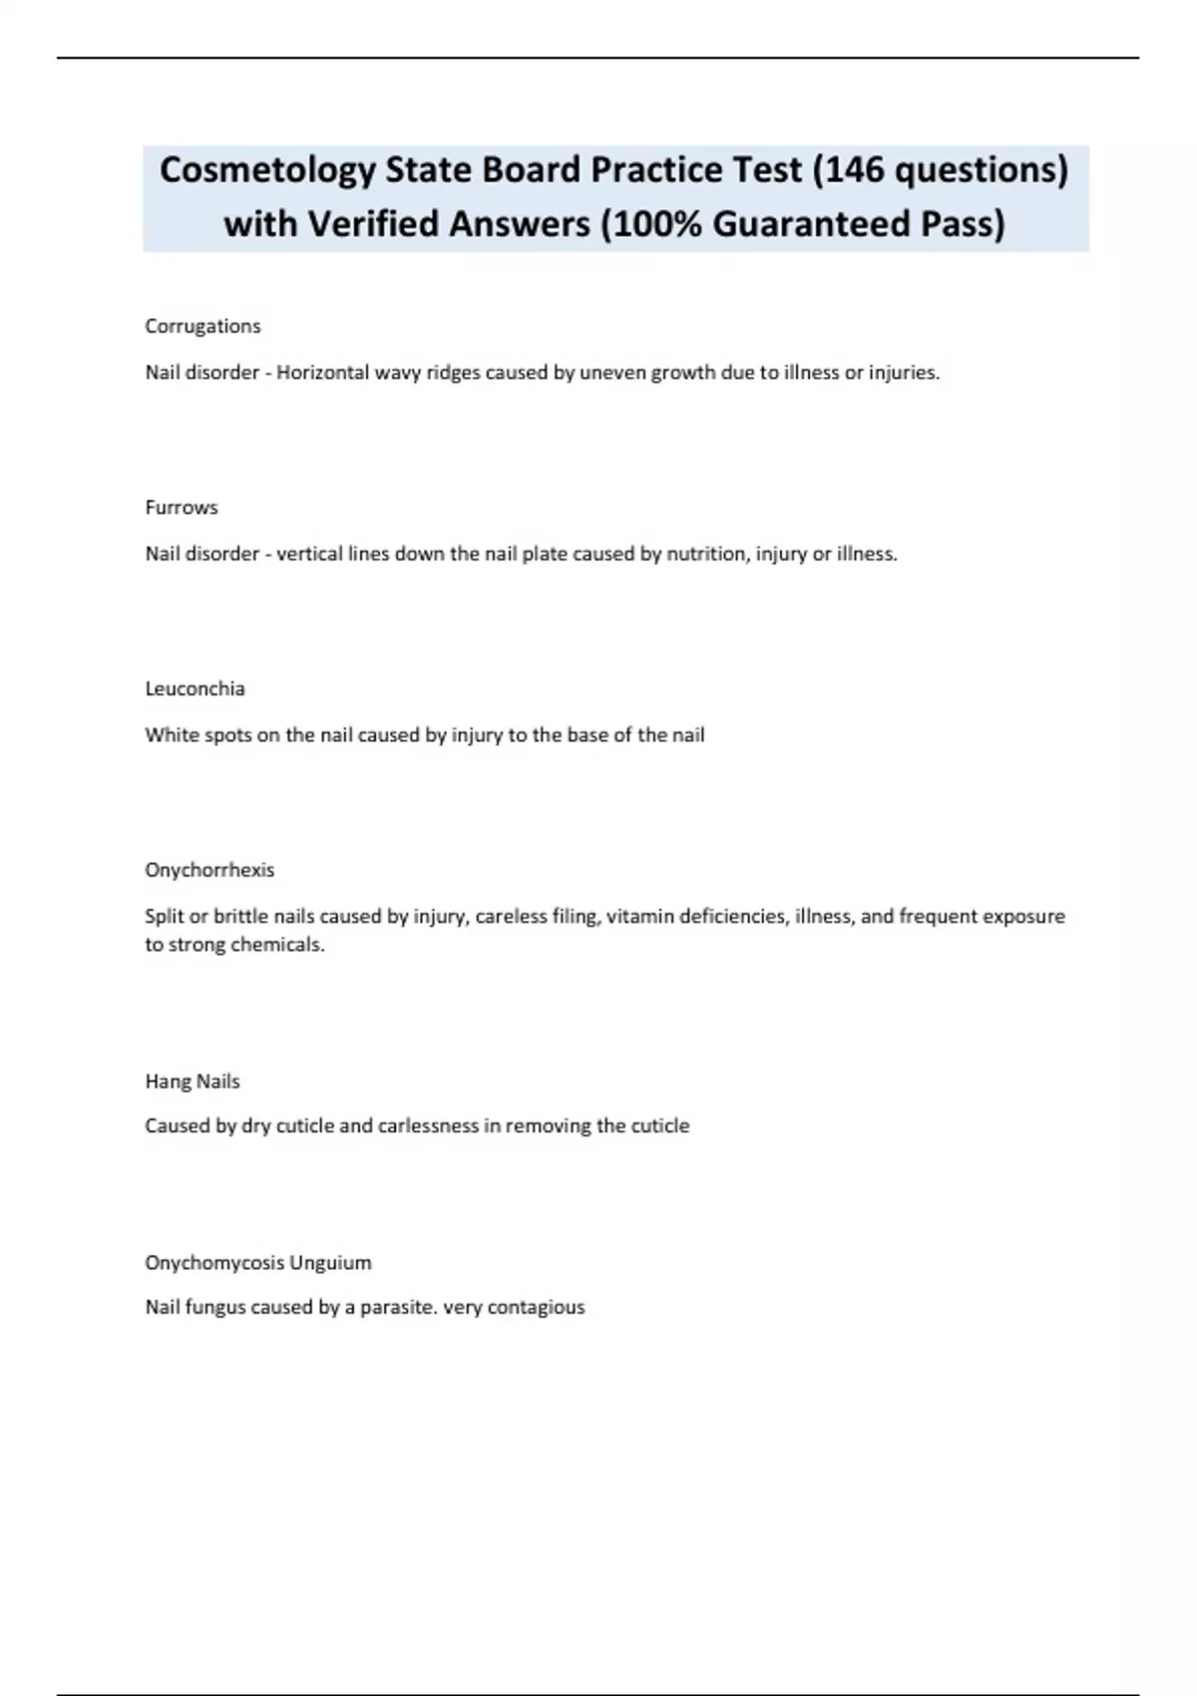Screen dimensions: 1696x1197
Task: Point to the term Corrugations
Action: tap(202, 326)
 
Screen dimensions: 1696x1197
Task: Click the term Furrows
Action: tap(182, 508)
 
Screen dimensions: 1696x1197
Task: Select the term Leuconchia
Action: tap(195, 688)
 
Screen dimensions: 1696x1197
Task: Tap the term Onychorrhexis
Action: tap(209, 870)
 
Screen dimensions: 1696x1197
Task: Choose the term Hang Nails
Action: tap(193, 1081)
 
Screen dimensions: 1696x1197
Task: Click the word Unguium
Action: tap(329, 1263)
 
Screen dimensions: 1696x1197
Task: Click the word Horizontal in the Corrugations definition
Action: tap(321, 373)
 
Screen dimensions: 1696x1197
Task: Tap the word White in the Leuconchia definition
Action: tap(172, 735)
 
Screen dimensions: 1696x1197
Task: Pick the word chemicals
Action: tap(277, 944)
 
